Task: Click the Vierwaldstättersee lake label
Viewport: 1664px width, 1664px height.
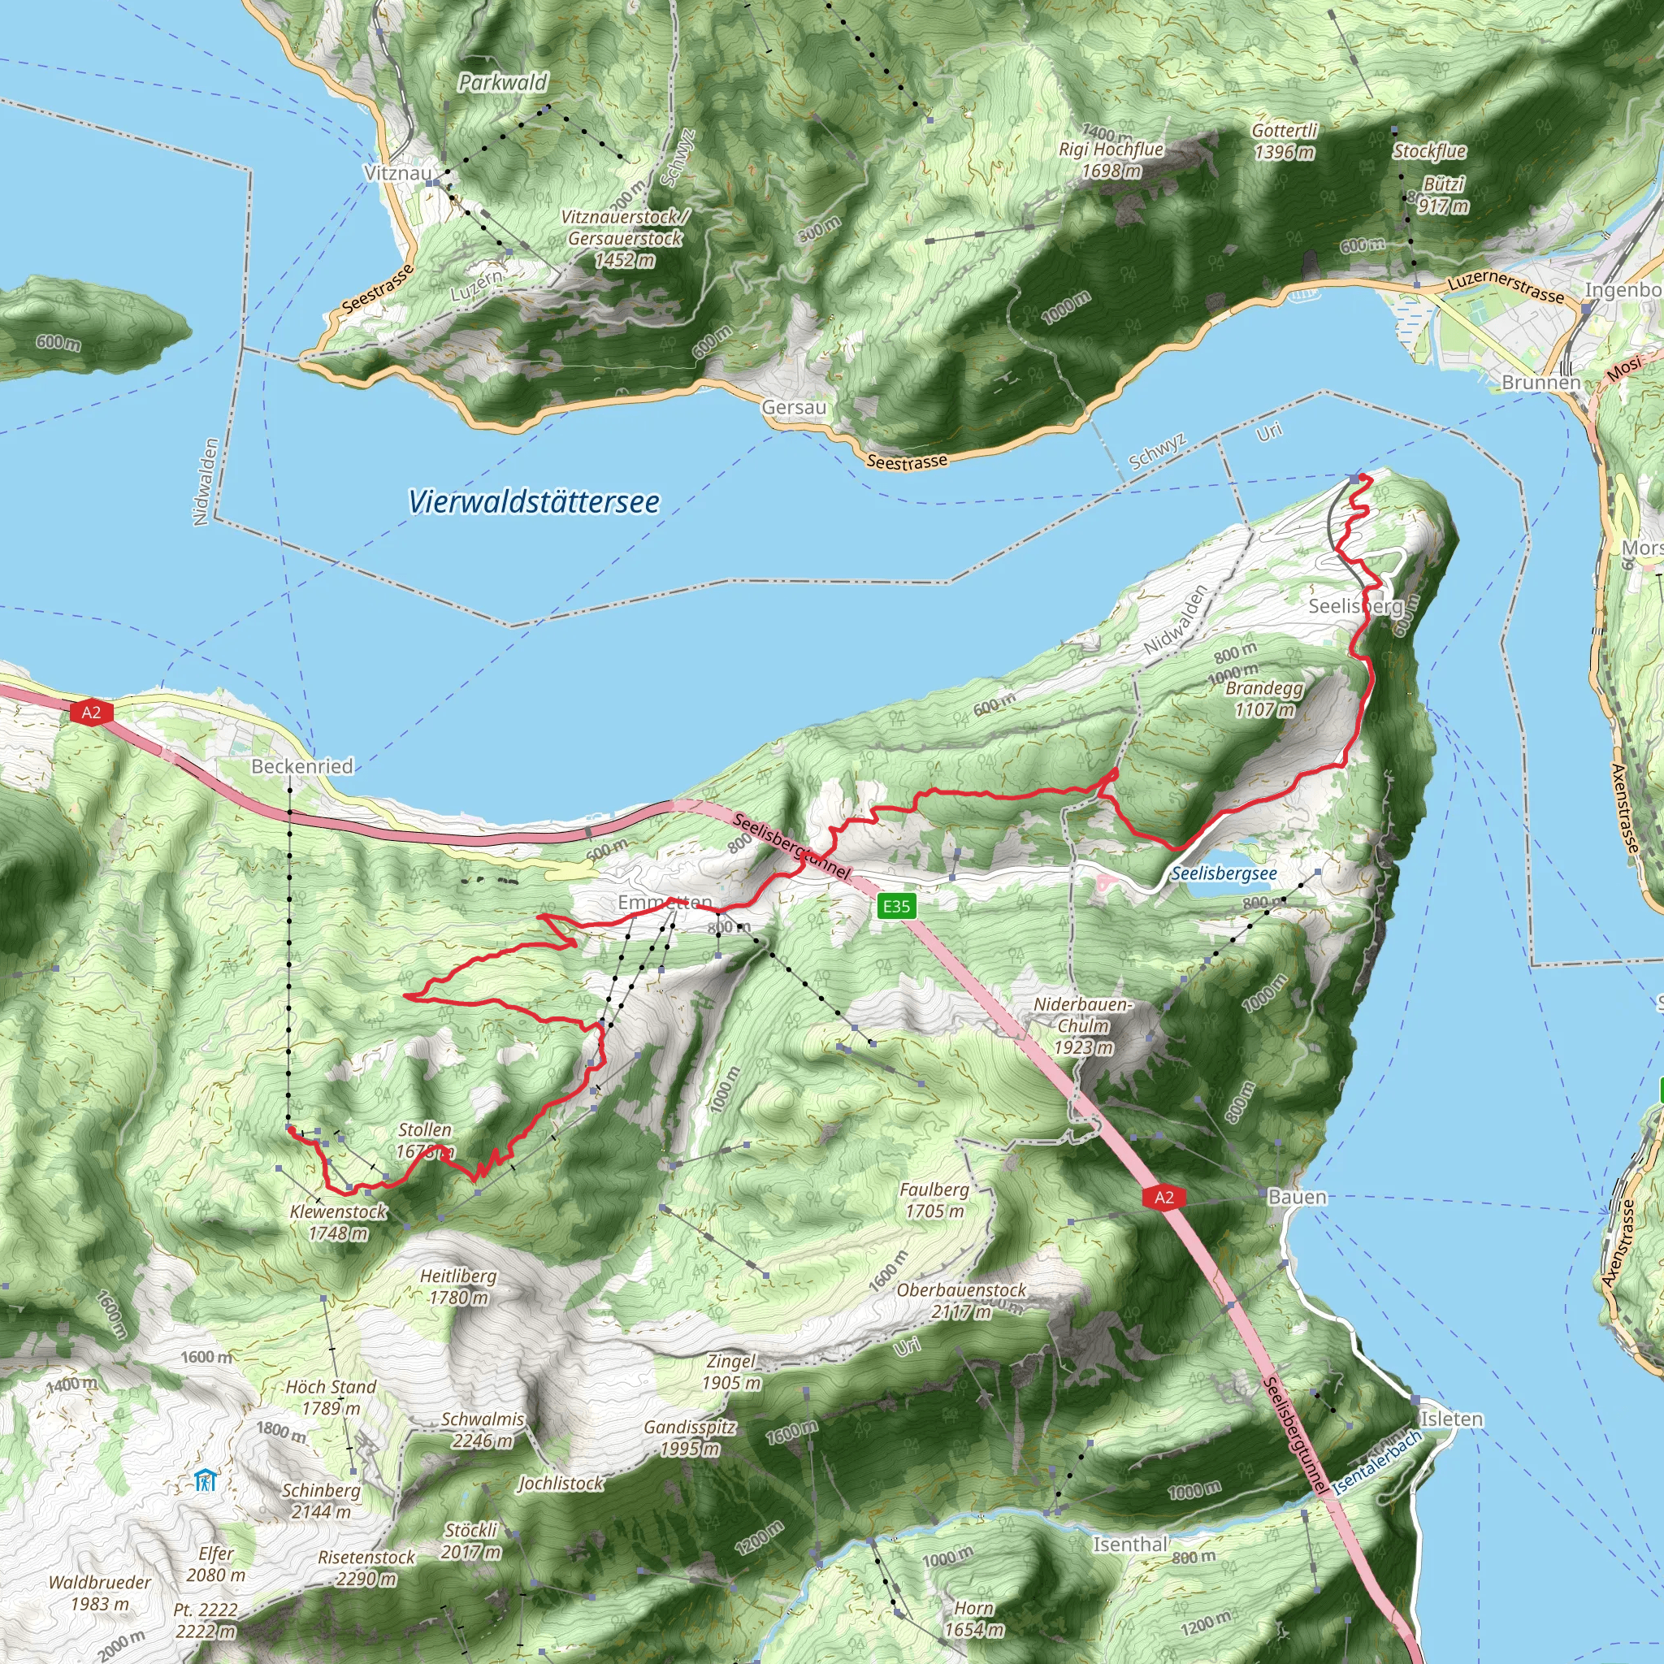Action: pyautogui.click(x=534, y=502)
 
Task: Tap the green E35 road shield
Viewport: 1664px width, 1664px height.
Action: pyautogui.click(x=895, y=906)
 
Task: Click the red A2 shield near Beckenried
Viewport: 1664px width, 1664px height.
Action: pyautogui.click(x=91, y=713)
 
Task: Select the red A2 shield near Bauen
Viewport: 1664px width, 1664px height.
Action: pyautogui.click(x=1163, y=1197)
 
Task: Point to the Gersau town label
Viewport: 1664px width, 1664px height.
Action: pyautogui.click(x=794, y=407)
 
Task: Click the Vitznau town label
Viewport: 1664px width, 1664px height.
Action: pyautogui.click(x=398, y=173)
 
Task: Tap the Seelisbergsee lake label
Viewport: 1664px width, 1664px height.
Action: pyautogui.click(x=1224, y=874)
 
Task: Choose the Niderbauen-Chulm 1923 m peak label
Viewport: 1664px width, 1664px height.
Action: pyautogui.click(x=1084, y=1026)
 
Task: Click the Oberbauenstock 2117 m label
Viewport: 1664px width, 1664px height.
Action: pyautogui.click(x=961, y=1301)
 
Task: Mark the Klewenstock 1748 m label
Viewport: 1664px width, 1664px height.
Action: pyautogui.click(x=339, y=1222)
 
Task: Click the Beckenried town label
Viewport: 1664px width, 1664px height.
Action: pyautogui.click(x=302, y=765)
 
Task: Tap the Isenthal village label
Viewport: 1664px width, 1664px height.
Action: pyautogui.click(x=1130, y=1545)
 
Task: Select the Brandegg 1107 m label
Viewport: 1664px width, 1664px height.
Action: pyautogui.click(x=1263, y=699)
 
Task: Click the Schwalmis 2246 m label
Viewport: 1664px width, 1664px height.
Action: pyautogui.click(x=483, y=1430)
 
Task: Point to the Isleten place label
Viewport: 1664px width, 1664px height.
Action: pyautogui.click(x=1451, y=1419)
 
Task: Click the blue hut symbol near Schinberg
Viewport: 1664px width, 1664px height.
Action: pyautogui.click(x=205, y=1480)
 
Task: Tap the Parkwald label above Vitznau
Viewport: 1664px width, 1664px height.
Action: pyautogui.click(x=503, y=83)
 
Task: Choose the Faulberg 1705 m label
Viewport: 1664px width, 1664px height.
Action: pyautogui.click(x=934, y=1200)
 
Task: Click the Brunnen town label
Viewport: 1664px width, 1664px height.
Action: pyautogui.click(x=1540, y=383)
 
